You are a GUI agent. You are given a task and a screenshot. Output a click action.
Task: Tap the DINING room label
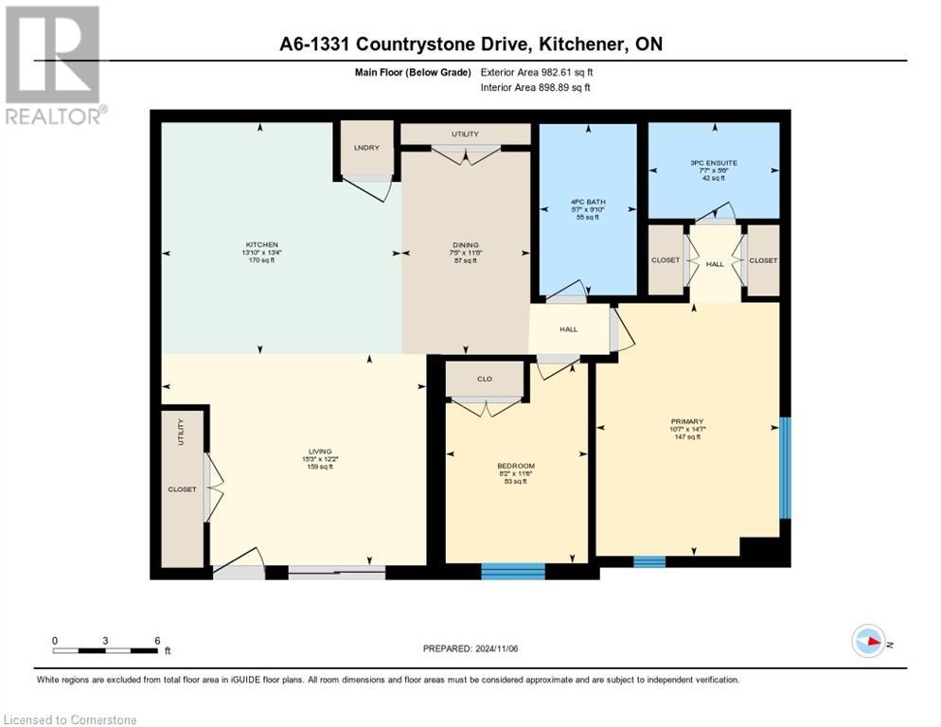pyautogui.click(x=464, y=244)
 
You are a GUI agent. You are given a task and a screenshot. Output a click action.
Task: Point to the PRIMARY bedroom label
pyautogui.click(x=687, y=421)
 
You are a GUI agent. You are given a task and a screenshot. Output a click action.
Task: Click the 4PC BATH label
pyautogui.click(x=588, y=201)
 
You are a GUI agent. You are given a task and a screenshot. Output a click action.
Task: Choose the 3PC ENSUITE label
pyautogui.click(x=714, y=163)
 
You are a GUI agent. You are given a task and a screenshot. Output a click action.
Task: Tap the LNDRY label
pyautogui.click(x=365, y=147)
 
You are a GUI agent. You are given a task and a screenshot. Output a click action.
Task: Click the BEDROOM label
pyautogui.click(x=516, y=466)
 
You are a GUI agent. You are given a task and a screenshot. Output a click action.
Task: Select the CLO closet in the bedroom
pyautogui.click(x=485, y=379)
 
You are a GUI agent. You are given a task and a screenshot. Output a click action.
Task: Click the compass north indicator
pyautogui.click(x=869, y=642)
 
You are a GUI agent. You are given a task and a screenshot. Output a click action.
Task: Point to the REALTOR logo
pyautogui.click(x=53, y=64)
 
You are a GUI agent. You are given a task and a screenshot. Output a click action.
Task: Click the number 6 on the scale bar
pyautogui.click(x=156, y=640)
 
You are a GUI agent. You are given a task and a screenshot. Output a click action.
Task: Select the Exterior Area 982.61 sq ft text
pyautogui.click(x=538, y=72)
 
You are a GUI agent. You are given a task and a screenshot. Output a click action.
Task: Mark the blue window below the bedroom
pyautogui.click(x=513, y=571)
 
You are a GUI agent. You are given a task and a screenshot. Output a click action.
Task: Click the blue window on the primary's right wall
pyautogui.click(x=784, y=468)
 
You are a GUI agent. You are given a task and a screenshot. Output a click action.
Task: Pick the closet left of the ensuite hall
pyautogui.click(x=666, y=260)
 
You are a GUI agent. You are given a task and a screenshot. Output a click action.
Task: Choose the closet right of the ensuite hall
pyautogui.click(x=762, y=260)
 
